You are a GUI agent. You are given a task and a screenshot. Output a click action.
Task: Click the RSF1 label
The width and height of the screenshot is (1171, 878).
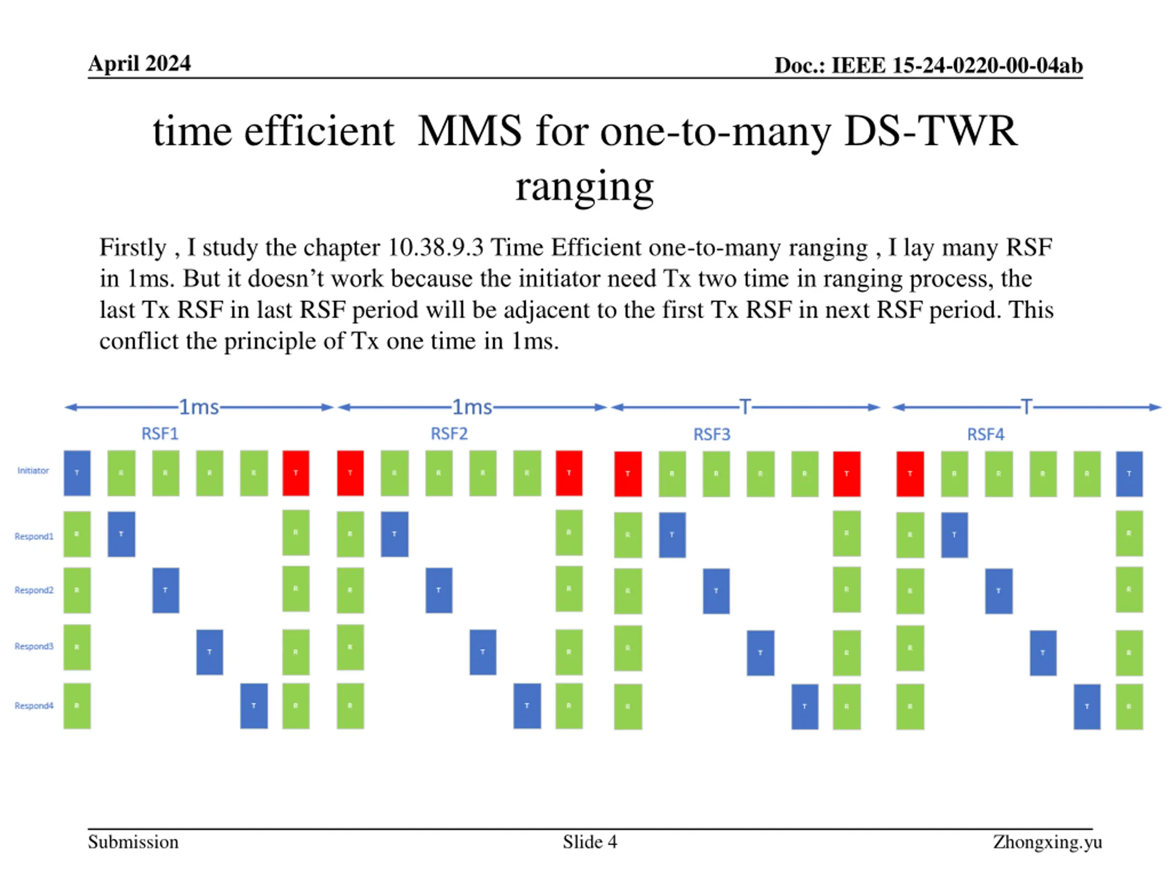pyautogui.click(x=160, y=434)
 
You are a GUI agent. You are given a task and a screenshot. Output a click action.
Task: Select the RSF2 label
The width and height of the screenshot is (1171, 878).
pyautogui.click(x=449, y=434)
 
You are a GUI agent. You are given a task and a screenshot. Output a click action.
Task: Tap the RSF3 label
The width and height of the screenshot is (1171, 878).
pyautogui.click(x=711, y=434)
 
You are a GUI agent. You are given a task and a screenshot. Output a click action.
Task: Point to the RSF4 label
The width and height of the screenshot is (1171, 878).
pyautogui.click(x=985, y=434)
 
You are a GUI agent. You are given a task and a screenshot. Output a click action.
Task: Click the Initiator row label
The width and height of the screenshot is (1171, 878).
pyautogui.click(x=33, y=471)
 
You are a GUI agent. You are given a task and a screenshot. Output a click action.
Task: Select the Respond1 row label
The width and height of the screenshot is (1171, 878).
pyautogui.click(x=34, y=536)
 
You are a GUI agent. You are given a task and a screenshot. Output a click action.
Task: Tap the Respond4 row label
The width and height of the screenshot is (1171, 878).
pyautogui.click(x=34, y=706)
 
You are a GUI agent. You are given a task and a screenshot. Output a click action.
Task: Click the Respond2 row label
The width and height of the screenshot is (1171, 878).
pyautogui.click(x=34, y=590)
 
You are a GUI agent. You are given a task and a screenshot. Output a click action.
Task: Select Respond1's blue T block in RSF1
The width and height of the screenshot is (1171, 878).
pyautogui.click(x=121, y=534)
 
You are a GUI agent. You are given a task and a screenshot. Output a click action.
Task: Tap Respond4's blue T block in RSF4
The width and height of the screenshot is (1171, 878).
pyautogui.click(x=1087, y=707)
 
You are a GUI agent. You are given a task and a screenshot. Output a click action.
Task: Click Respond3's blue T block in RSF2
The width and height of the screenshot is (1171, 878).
pyautogui.click(x=483, y=652)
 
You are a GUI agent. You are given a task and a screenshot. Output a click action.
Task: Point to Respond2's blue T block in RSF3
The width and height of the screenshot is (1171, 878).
pyautogui.click(x=716, y=591)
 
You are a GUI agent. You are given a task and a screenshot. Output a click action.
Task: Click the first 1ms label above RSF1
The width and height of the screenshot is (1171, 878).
pyautogui.click(x=199, y=407)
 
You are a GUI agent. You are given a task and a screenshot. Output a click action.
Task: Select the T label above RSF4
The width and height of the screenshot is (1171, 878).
pyautogui.click(x=1026, y=407)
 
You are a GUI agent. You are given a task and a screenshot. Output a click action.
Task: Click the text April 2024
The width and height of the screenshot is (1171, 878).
pyautogui.click(x=139, y=64)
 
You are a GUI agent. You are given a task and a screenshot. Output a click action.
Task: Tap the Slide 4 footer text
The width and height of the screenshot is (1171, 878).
pyautogui.click(x=590, y=842)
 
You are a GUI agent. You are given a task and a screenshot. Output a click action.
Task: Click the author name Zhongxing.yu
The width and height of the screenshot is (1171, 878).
pyautogui.click(x=1047, y=842)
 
